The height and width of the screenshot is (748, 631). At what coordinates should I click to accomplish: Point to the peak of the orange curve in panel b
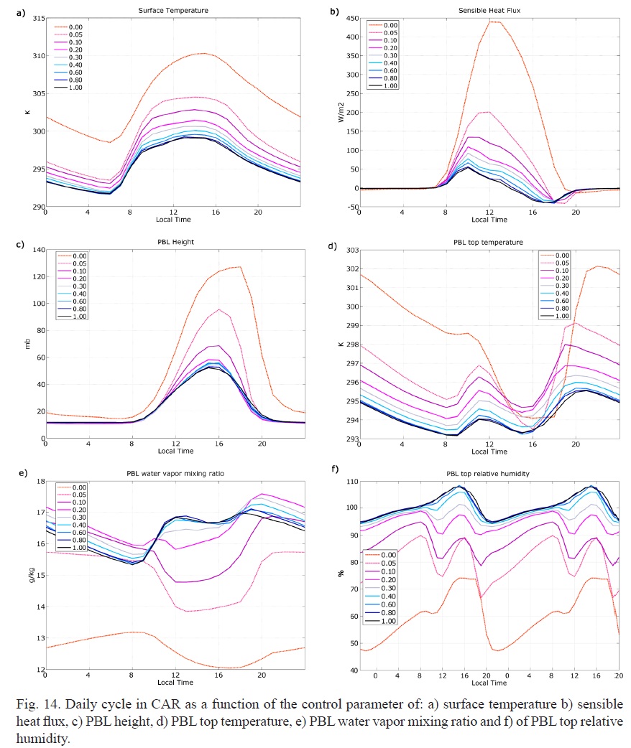(490, 21)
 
